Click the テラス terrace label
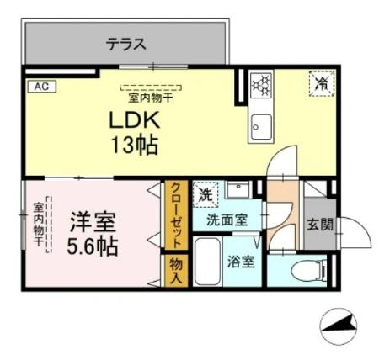[x=126, y=44]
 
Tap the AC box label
[x=40, y=86]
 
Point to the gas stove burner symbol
[x=261, y=84]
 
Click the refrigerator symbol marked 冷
[x=321, y=84]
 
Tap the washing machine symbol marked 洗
[x=205, y=194]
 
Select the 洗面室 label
[x=227, y=220]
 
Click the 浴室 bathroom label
[x=240, y=260]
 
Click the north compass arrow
[x=341, y=324]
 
